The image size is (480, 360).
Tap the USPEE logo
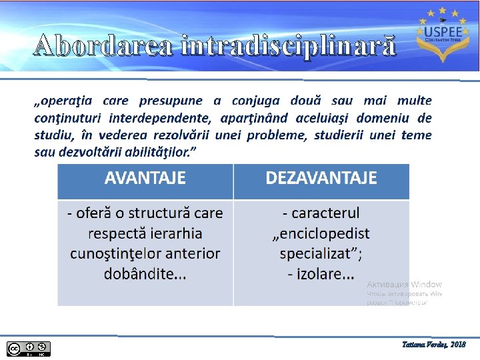[439, 35]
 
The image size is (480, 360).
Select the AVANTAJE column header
[145, 179]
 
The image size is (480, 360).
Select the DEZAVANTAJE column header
[321, 179]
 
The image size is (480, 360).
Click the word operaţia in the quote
[65, 101]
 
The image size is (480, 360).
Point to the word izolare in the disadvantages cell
[318, 274]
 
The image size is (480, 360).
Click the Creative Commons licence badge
[28, 348]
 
